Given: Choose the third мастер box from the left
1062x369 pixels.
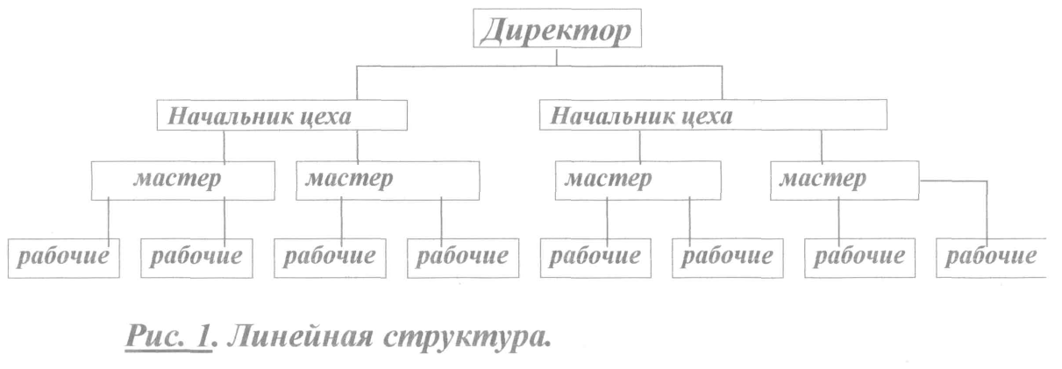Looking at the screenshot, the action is click(x=638, y=181).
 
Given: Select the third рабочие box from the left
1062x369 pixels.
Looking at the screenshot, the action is click(x=329, y=258).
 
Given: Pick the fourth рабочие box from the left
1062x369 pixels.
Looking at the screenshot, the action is click(x=461, y=258).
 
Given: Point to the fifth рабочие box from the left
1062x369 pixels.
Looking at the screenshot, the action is click(x=594, y=258).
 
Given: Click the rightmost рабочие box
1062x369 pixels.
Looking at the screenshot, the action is click(x=991, y=258).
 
